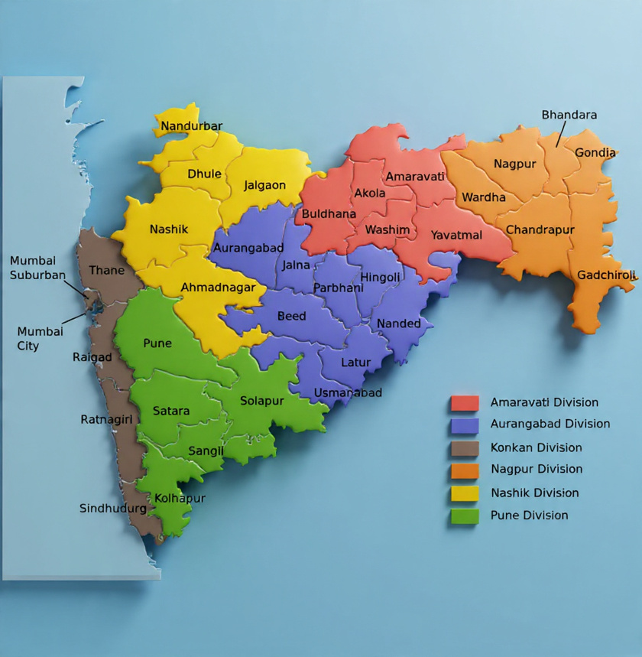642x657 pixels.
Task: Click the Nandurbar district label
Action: tap(192, 126)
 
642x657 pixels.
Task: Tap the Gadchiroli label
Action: tap(606, 275)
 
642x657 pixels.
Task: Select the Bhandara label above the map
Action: tap(569, 115)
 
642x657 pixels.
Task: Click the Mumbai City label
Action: tap(39, 339)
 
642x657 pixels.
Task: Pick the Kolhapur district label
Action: tap(180, 498)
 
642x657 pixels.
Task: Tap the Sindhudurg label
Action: tap(113, 508)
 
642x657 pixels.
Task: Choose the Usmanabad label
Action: tap(348, 393)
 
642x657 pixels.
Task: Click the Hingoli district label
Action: tap(381, 277)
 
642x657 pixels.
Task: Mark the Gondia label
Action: tap(595, 152)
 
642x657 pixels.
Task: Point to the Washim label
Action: tap(387, 229)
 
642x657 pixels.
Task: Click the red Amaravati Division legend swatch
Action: tap(465, 403)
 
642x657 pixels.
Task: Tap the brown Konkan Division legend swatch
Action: tap(465, 448)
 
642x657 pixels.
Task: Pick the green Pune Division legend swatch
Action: tap(465, 516)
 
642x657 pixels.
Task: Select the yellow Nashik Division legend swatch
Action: tap(465, 493)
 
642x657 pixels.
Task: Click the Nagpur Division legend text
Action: tap(537, 469)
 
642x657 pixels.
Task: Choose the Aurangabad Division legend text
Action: tap(550, 424)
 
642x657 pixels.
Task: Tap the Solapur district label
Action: tap(262, 401)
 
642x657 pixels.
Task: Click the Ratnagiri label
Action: tap(107, 419)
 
